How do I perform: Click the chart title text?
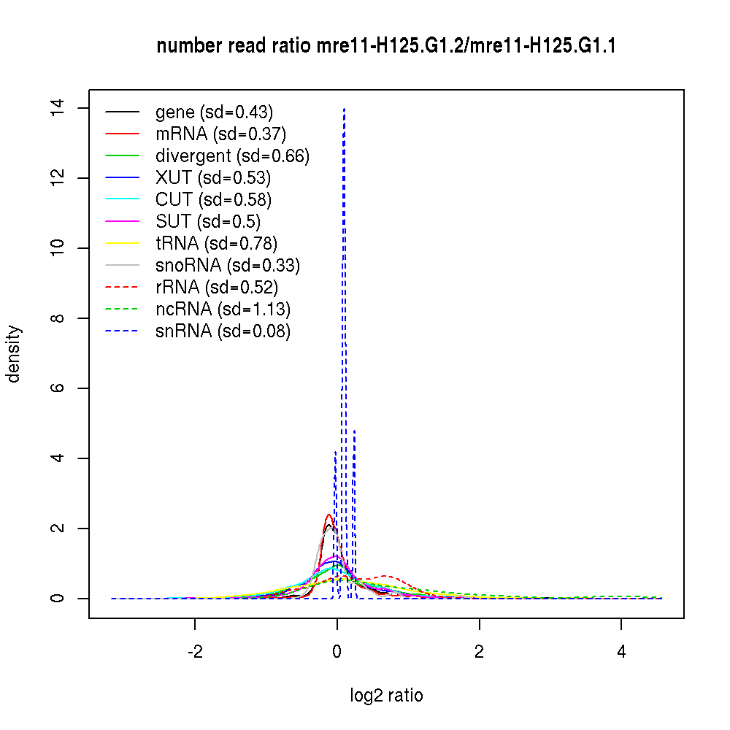coord(386,47)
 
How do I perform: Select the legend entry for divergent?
coord(232,155)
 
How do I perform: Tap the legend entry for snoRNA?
coord(228,265)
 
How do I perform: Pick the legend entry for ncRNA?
coord(223,309)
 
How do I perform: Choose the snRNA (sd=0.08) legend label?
coord(223,331)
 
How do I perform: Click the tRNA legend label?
coord(216,243)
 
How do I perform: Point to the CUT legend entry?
coord(213,199)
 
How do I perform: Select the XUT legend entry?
coord(213,177)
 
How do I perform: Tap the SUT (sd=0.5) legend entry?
coord(208,221)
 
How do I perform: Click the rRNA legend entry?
coord(217,287)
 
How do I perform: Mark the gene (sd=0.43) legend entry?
coord(214,112)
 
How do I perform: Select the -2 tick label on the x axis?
coord(194,652)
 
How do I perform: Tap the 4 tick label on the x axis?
coord(621,652)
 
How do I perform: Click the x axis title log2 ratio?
coord(386,696)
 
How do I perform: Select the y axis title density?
coord(14,353)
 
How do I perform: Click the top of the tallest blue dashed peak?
coord(344,109)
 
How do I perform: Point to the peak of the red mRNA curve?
coord(328,515)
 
